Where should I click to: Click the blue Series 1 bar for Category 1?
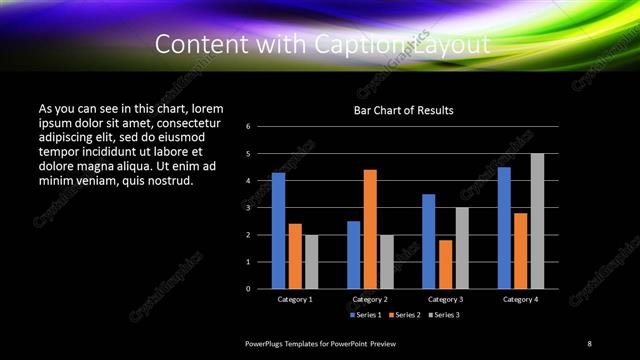point(278,231)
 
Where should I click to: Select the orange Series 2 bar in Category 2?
point(370,229)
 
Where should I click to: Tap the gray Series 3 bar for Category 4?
point(537,221)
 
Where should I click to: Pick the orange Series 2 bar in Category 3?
point(445,264)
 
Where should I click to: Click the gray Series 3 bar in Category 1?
point(311,262)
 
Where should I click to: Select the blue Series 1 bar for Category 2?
point(353,255)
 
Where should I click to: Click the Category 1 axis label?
point(295,299)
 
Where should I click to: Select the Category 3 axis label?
point(445,299)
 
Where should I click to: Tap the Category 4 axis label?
point(520,299)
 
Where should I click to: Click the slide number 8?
point(589,344)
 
